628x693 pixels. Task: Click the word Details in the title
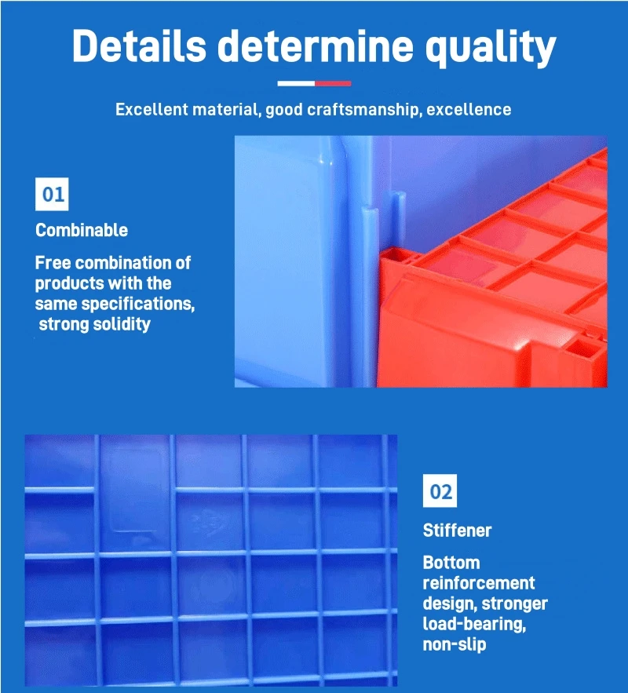[139, 46]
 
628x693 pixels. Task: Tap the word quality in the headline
[490, 48]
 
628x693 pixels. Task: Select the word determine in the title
[315, 46]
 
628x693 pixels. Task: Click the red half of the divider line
[333, 83]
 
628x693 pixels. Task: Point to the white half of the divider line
[296, 83]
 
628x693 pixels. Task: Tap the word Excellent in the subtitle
[152, 109]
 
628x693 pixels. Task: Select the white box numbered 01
[52, 194]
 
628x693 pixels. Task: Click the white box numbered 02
[440, 491]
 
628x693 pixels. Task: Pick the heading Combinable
[82, 230]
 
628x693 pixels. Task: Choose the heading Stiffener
[457, 531]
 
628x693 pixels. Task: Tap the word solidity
[122, 324]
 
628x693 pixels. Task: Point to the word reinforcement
[479, 583]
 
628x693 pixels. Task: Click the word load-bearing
[474, 624]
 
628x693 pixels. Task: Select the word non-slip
[455, 644]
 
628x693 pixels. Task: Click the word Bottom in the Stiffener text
[451, 563]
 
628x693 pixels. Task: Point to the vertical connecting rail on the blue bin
[370, 292]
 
